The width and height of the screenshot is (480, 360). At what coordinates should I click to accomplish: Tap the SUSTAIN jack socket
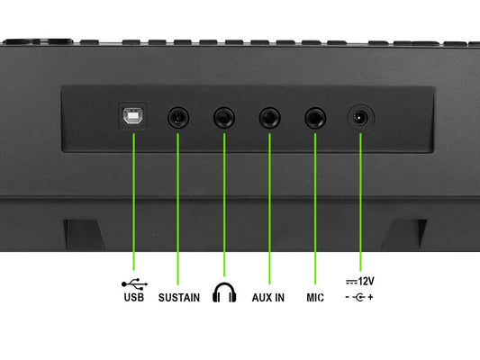coord(178,117)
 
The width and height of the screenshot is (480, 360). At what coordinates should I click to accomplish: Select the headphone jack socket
coord(223,117)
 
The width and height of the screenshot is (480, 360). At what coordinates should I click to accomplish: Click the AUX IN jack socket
coord(268,117)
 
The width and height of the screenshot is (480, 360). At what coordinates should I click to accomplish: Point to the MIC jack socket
coord(314,117)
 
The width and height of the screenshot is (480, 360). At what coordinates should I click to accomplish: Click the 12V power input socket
coord(360,117)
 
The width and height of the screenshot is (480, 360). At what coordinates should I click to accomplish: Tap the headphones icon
coord(223,293)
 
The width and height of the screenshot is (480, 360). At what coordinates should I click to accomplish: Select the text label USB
coord(133,297)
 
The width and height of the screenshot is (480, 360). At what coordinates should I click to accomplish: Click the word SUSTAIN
coord(178,297)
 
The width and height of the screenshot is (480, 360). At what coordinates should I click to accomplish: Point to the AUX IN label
coord(268,297)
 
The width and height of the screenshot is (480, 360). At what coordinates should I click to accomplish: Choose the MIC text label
coord(314,297)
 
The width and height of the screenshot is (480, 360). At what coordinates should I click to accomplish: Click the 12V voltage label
coord(359,282)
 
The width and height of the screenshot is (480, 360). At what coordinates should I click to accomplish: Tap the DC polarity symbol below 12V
coord(359,297)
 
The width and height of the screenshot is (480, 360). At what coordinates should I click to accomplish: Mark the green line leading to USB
coord(133,198)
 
